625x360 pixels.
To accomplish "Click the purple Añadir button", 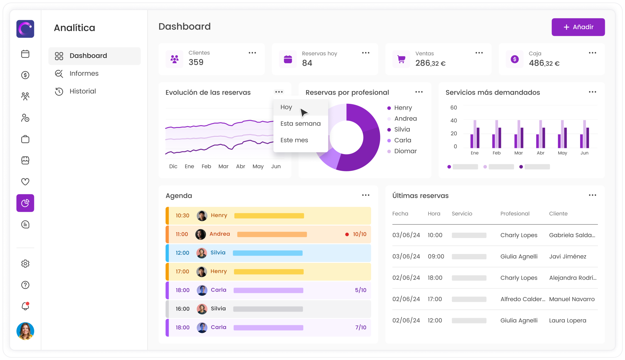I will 578,27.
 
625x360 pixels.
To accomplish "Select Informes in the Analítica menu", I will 84,74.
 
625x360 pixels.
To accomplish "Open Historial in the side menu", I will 82,91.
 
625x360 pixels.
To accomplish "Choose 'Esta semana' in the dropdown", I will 300,124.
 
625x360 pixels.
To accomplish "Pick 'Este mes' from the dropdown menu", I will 294,140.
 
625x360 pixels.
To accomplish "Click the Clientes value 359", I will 196,62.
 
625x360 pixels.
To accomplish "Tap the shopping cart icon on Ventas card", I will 401,59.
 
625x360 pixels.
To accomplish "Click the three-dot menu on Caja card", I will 592,53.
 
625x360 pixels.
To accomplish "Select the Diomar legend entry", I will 405,151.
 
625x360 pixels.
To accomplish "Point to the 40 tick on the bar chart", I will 453,121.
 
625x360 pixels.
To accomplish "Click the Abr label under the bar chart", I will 540,153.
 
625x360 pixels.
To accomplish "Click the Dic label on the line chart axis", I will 173,166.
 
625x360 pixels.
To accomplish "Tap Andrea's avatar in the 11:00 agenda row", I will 201,234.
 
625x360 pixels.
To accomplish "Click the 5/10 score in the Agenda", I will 360,290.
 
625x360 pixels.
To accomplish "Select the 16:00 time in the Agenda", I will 182,309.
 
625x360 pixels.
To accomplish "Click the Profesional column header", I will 515,214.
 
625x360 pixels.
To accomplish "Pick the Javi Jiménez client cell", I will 567,256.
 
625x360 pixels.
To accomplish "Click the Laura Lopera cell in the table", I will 567,321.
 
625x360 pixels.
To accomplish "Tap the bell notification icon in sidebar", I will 25,306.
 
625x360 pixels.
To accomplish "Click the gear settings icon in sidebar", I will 25,264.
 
